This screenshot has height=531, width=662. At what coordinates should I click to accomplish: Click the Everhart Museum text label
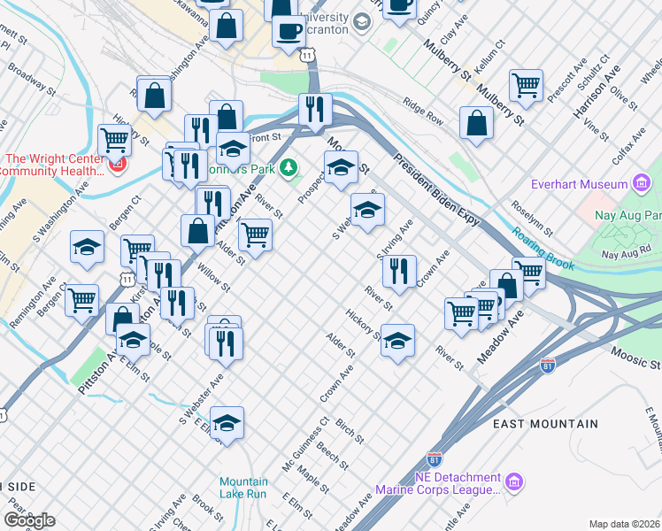pos(579,184)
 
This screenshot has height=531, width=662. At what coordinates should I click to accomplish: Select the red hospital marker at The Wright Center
pos(116,165)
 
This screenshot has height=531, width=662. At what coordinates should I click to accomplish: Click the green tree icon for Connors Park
pos(288,167)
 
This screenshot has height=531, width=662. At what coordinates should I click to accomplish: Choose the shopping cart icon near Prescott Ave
pos(526,85)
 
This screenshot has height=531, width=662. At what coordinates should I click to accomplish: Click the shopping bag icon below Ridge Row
pos(476,123)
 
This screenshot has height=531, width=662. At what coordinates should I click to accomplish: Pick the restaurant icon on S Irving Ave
pos(401,271)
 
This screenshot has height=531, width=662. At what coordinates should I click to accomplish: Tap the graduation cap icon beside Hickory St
pos(397,340)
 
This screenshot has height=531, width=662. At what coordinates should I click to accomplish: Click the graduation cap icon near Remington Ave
pos(88,247)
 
